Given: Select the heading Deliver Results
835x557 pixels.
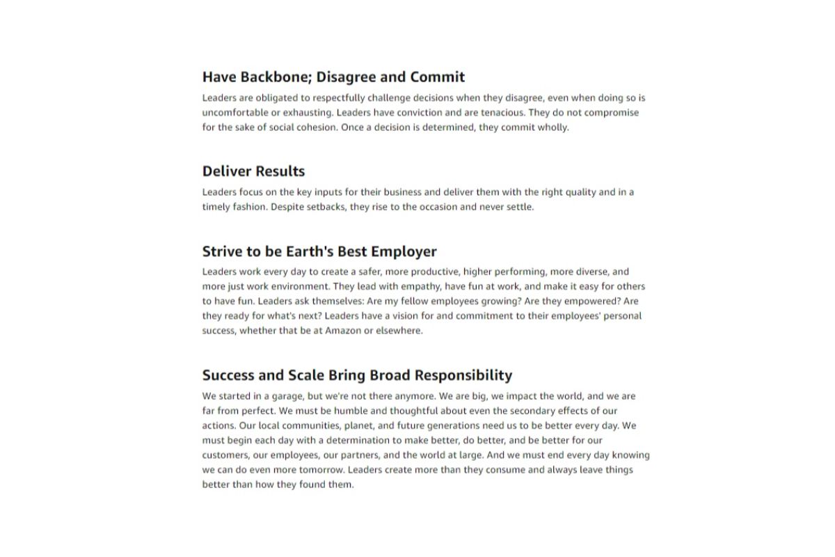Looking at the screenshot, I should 253,171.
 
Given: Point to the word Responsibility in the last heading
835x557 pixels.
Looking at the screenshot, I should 463,375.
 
